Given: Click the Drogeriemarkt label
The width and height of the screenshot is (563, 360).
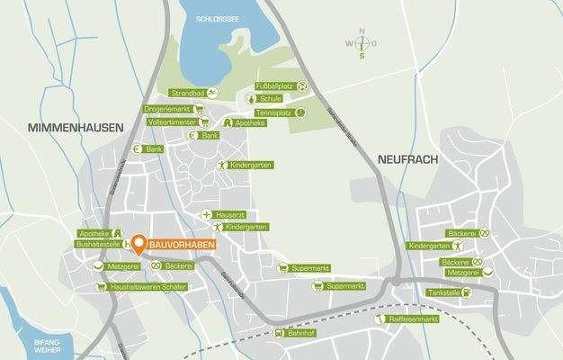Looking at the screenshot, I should point(167,109).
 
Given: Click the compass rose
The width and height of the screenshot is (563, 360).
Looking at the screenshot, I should point(362,43).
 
